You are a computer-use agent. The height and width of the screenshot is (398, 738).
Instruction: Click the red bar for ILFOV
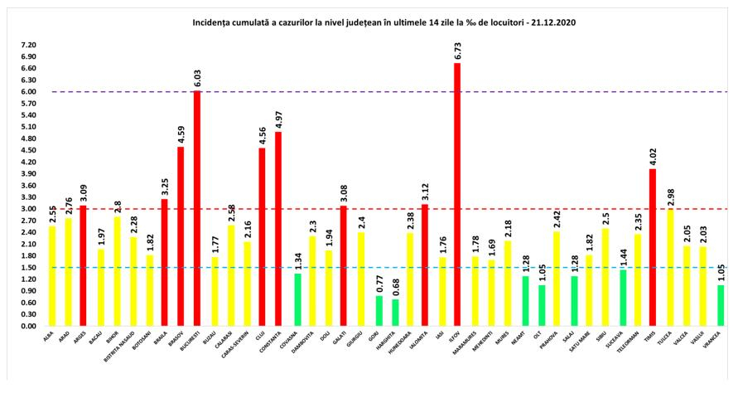[x=456, y=195]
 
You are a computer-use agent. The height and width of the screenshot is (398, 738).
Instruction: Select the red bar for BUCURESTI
[x=197, y=208]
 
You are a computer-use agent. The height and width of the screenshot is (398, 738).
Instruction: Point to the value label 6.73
[x=457, y=49]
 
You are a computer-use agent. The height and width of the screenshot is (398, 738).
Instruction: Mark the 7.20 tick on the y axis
[x=29, y=45]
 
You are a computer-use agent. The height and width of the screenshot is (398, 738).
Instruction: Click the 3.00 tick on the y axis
[x=29, y=209]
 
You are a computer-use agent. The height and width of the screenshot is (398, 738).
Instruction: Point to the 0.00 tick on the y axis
[x=29, y=327]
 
